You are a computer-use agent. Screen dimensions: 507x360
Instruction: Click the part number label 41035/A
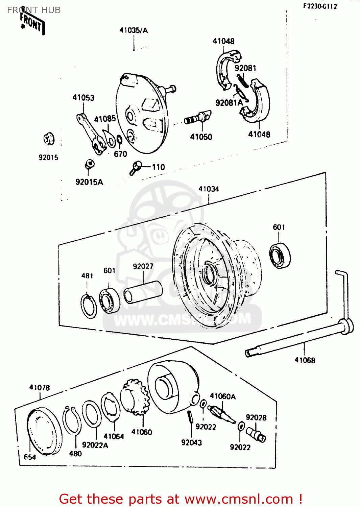coord(134,30)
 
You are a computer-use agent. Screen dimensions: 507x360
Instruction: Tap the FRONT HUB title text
coord(34,10)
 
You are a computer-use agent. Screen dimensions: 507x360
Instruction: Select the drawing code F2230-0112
coord(320,6)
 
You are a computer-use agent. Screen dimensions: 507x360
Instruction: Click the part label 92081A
coord(229,102)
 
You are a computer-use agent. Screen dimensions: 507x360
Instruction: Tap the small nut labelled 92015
coord(49,139)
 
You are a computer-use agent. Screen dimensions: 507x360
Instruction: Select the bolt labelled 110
coord(136,168)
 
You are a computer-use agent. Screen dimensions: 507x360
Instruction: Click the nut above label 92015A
coord(89,165)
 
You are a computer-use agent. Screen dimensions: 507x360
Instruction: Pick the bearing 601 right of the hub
coord(280,255)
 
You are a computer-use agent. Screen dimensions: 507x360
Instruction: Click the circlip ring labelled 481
coord(89,306)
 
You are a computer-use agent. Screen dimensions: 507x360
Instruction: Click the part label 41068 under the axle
coord(305,360)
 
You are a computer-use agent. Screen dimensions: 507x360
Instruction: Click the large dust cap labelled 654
coord(44,431)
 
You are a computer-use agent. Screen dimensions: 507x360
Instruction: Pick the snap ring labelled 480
coord(72,421)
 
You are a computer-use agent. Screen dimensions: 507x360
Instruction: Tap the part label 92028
coord(256,418)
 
